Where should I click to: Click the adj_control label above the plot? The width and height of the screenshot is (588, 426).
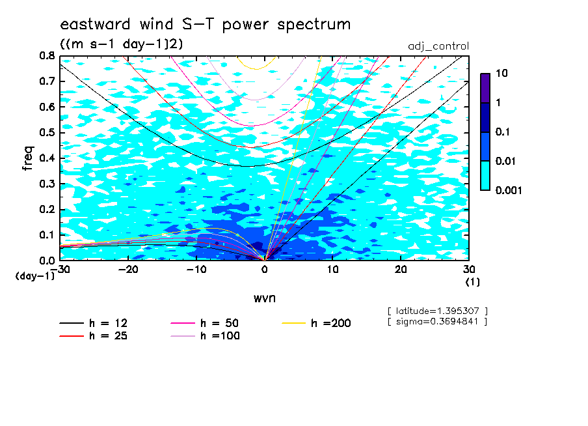point(438,46)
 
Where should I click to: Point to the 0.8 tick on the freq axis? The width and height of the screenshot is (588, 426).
point(47,56)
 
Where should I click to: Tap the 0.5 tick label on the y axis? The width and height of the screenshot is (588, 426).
point(47,133)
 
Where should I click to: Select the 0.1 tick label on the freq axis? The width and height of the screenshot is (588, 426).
point(47,235)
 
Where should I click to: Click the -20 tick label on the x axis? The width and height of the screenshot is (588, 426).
point(128,270)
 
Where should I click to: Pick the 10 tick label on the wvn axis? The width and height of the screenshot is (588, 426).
point(333,270)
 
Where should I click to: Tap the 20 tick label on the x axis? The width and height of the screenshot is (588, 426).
point(401,270)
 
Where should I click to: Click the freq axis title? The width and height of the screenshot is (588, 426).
point(28,158)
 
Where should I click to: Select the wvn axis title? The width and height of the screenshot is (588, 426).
point(265,298)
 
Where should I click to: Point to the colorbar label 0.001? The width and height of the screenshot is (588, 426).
point(509,190)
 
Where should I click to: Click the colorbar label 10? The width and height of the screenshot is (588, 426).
point(501,73)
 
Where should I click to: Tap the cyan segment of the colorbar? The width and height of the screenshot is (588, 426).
point(485,175)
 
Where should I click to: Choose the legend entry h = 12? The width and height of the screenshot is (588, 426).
point(94,323)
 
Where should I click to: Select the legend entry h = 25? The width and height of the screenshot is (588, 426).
point(94,335)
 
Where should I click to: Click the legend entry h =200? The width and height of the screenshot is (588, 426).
point(317,323)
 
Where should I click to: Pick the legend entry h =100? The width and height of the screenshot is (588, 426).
point(205,335)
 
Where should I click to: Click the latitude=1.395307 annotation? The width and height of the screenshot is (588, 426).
point(438,311)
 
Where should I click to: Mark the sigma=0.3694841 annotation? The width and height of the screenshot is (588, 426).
point(438,322)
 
